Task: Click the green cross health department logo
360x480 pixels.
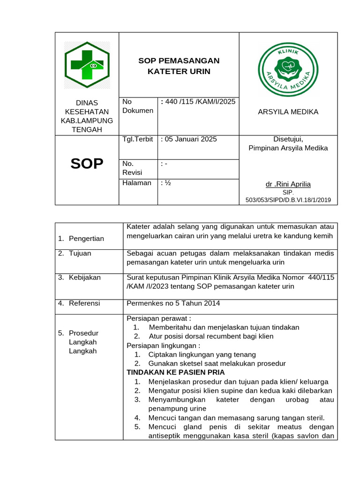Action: tap(87, 66)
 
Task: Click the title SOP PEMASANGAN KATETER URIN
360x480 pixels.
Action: tap(179, 66)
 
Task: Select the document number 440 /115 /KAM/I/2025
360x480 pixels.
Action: tap(198, 102)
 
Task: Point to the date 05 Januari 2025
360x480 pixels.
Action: tap(189, 139)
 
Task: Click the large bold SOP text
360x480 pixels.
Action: tap(87, 164)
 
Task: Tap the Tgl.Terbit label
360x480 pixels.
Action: tap(138, 139)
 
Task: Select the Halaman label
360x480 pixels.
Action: tap(137, 183)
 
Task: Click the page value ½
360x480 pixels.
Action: tap(166, 183)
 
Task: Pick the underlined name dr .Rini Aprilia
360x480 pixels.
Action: tap(288, 184)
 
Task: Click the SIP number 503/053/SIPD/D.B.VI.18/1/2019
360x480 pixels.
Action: tap(288, 200)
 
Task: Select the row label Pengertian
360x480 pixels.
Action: tap(87, 239)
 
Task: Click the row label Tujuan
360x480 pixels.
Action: tap(80, 253)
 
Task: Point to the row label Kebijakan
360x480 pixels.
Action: tap(85, 277)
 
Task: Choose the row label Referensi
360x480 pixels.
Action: tap(84, 303)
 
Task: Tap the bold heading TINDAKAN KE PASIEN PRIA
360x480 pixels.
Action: tap(176, 372)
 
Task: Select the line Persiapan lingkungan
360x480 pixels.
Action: tap(160, 345)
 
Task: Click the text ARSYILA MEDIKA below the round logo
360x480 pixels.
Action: tap(288, 112)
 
